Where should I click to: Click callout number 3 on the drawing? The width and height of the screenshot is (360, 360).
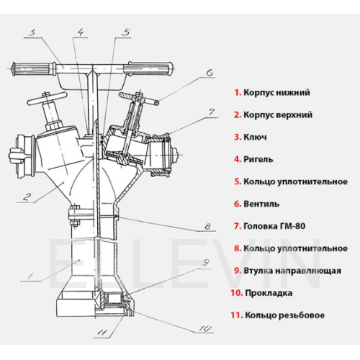click(x=32, y=32)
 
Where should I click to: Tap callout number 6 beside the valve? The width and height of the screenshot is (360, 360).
click(x=210, y=72)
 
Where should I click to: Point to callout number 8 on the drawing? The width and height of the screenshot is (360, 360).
click(x=207, y=226)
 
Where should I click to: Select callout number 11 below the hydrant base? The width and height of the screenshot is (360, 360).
click(x=102, y=332)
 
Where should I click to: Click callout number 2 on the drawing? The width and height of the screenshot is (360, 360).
click(x=27, y=197)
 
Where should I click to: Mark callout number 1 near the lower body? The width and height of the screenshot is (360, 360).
click(x=30, y=276)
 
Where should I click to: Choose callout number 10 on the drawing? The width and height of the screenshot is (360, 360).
click(x=205, y=328)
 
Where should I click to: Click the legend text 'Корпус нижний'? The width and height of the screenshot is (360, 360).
click(x=276, y=92)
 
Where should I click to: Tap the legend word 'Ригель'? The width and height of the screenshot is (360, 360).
click(x=258, y=159)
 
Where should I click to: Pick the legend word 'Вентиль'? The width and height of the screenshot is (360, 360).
click(x=261, y=204)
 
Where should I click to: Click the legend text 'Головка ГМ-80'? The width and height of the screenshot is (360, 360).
click(x=274, y=226)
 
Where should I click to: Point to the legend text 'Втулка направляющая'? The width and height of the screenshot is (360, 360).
click(x=292, y=271)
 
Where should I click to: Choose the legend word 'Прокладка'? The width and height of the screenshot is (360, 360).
click(x=269, y=293)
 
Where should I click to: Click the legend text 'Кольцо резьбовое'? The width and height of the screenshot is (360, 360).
click(x=284, y=315)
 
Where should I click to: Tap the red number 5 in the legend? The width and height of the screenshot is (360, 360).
click(x=238, y=181)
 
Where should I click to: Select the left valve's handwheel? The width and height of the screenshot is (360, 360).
click(x=46, y=98)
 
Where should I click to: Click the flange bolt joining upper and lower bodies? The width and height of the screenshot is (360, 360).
click(x=75, y=215)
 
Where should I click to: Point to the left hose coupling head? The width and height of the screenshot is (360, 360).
click(x=23, y=156)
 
